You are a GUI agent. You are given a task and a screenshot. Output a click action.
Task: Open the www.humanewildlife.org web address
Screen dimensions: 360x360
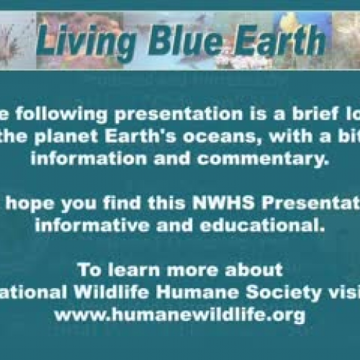[179, 315]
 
